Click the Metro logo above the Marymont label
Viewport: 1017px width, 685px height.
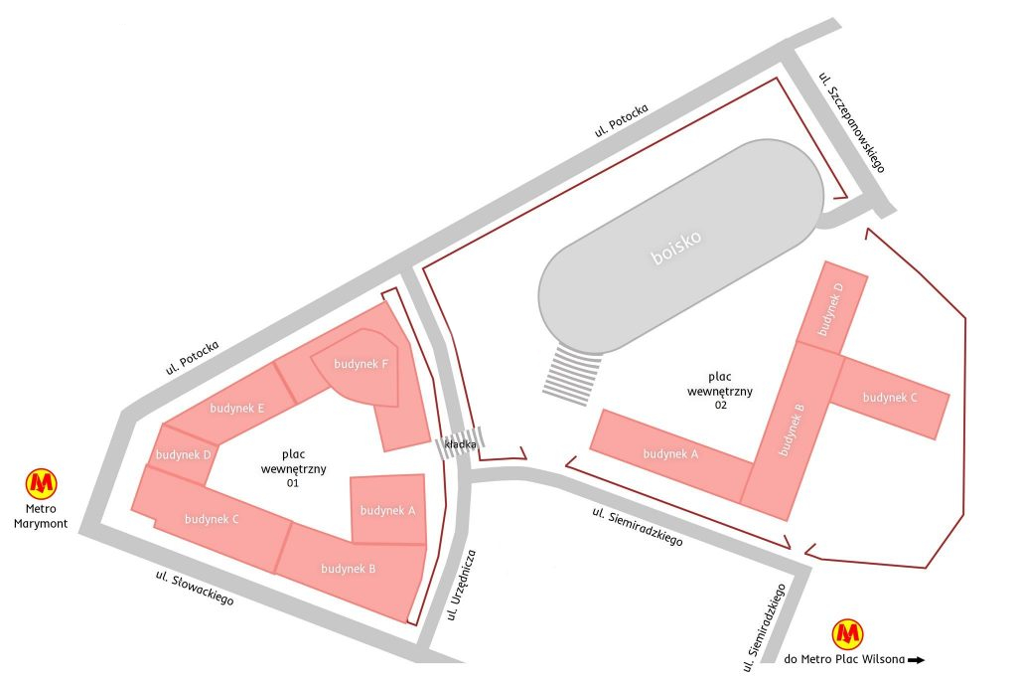[x=41, y=483]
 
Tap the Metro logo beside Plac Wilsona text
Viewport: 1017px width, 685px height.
[x=847, y=632]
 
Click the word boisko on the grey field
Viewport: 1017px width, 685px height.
[x=676, y=248]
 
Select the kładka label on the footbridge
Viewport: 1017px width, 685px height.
[x=461, y=445]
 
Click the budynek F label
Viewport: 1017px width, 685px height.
[x=361, y=365]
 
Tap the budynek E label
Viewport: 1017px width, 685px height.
[x=237, y=408]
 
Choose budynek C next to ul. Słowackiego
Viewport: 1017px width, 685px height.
[x=212, y=518]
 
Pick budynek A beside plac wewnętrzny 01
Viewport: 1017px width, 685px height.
[x=388, y=510]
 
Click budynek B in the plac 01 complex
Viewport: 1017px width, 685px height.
[x=348, y=569]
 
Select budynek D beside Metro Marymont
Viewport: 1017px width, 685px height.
[x=180, y=455]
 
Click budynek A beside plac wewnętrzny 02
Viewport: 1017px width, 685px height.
[x=670, y=454]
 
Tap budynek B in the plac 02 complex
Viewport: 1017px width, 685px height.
[x=792, y=429]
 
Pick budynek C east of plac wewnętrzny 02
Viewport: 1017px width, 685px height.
[x=890, y=398]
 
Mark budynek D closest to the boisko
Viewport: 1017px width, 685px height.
[x=831, y=307]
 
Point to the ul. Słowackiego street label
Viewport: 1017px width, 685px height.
[x=195, y=589]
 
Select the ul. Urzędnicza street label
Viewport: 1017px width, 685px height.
[x=464, y=584]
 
